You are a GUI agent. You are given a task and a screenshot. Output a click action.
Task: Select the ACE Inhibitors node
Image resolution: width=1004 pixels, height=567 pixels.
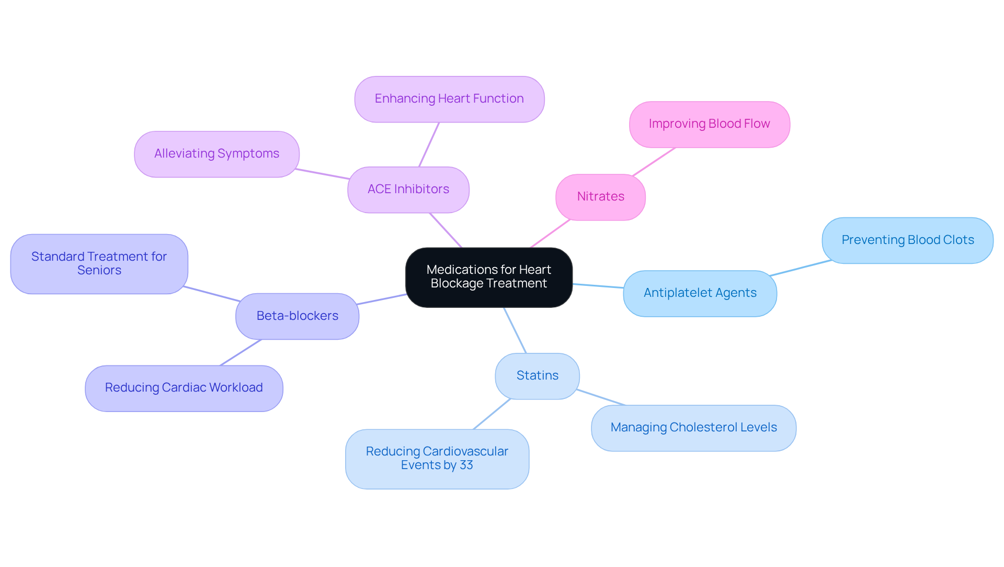coord(408,190)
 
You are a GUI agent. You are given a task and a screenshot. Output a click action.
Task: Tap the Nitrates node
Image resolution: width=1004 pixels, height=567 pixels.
coord(600,197)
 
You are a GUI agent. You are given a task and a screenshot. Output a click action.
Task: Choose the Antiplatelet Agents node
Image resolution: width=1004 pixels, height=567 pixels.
coord(700,293)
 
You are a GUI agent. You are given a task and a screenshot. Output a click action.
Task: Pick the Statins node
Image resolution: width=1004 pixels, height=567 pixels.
coord(537,376)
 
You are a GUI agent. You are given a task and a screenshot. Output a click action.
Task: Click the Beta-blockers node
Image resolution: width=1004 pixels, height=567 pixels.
coord(297,316)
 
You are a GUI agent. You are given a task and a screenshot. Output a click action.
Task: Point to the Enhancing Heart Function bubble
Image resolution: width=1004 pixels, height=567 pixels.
coord(449,99)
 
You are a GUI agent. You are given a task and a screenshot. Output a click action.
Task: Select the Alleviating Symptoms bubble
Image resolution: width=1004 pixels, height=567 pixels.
coord(216,154)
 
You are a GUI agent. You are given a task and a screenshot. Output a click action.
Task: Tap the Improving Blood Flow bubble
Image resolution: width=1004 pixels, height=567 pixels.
coord(709,124)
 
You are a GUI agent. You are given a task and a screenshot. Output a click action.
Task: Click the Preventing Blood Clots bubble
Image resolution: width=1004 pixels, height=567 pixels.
coord(907,240)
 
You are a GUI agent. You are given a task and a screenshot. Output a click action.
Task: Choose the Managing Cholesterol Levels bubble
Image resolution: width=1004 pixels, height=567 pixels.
coord(693,428)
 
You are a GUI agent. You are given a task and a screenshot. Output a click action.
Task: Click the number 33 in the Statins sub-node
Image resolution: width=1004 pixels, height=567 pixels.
coord(466,465)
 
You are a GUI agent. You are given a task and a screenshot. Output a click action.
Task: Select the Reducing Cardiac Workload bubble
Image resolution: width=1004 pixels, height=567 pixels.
coord(184,388)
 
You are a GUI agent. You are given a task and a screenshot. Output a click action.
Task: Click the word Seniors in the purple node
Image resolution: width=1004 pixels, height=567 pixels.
coord(99,271)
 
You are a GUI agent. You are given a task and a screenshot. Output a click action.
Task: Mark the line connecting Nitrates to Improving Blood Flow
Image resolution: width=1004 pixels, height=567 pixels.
coord(654,162)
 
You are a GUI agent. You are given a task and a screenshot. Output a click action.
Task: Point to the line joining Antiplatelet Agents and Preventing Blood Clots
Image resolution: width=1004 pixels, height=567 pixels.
coord(800,268)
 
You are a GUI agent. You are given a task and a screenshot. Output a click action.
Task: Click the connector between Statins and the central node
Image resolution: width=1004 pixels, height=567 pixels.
coord(515,330)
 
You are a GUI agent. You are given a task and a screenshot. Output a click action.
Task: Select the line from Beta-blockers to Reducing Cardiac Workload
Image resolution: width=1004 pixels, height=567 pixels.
coord(241,352)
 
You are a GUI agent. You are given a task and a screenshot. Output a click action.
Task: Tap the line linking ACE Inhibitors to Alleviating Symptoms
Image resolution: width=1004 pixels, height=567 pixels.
coord(322,174)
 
